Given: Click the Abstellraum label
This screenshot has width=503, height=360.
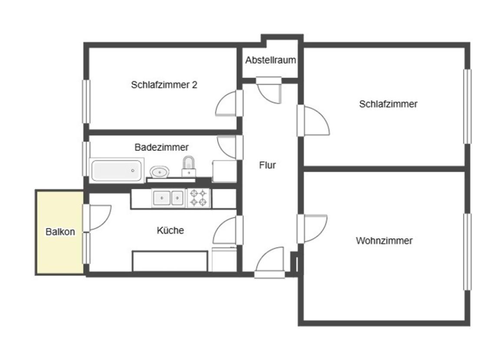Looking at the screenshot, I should pyautogui.click(x=270, y=60).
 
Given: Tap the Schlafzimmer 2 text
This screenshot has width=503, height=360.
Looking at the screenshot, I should pyautogui.click(x=164, y=85).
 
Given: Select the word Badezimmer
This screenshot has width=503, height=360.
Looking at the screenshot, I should pyautogui.click(x=161, y=147).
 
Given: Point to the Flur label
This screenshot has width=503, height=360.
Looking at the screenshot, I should pyautogui.click(x=267, y=165).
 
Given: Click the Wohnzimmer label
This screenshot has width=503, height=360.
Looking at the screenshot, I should pyautogui.click(x=384, y=241).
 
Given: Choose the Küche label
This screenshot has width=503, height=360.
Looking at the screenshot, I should pyautogui.click(x=170, y=230).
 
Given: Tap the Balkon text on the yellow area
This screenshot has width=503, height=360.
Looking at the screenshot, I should pyautogui.click(x=60, y=232).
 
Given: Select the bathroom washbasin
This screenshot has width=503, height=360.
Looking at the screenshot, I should pyautogui.click(x=160, y=172).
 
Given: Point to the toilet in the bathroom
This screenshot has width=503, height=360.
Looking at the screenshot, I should pyautogui.click(x=188, y=166).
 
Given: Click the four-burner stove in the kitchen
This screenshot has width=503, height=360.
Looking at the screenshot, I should pyautogui.click(x=198, y=199).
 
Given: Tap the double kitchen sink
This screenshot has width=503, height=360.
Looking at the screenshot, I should pyautogui.click(x=168, y=198).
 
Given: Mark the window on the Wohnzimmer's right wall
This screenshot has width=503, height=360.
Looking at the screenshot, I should pyautogui.click(x=467, y=252).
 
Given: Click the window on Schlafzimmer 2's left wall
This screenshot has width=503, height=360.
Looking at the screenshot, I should pyautogui.click(x=86, y=101).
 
